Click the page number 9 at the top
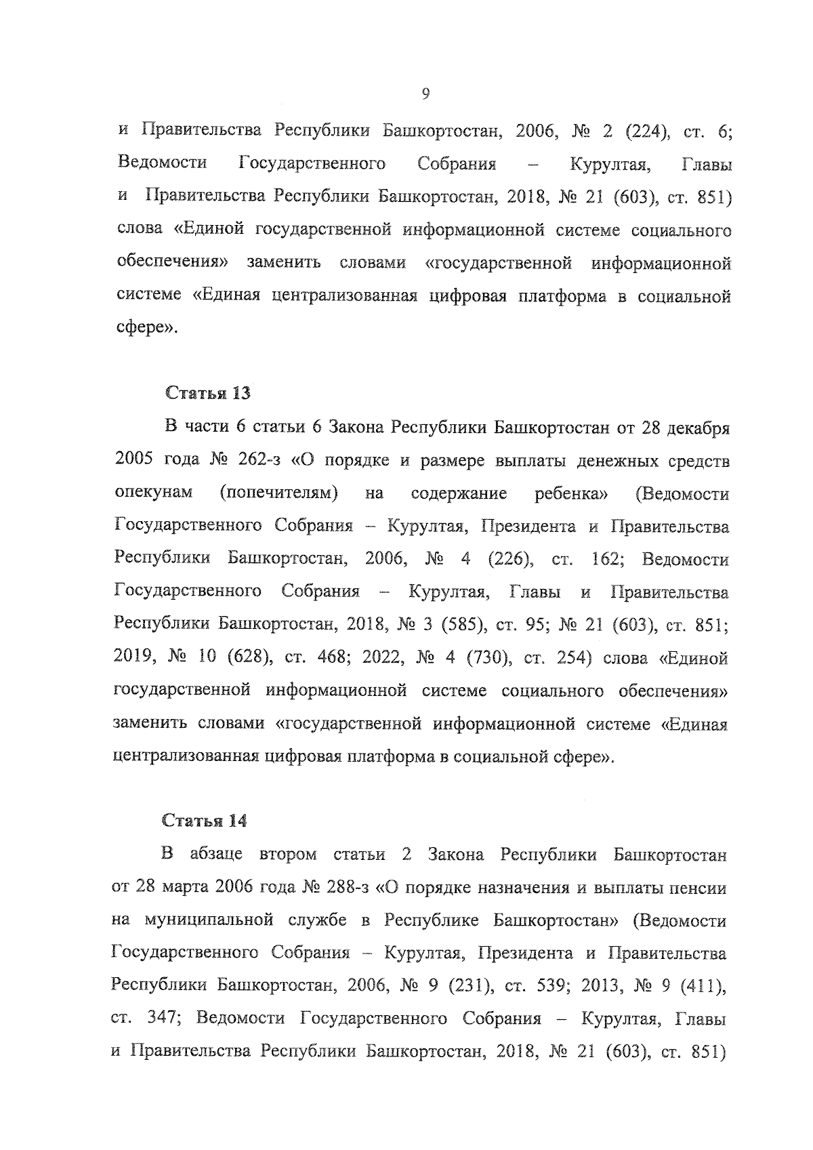click(x=425, y=94)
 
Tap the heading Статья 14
click(x=205, y=821)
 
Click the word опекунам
click(x=154, y=493)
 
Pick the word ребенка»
click(x=570, y=493)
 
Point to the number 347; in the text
click(x=157, y=1019)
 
